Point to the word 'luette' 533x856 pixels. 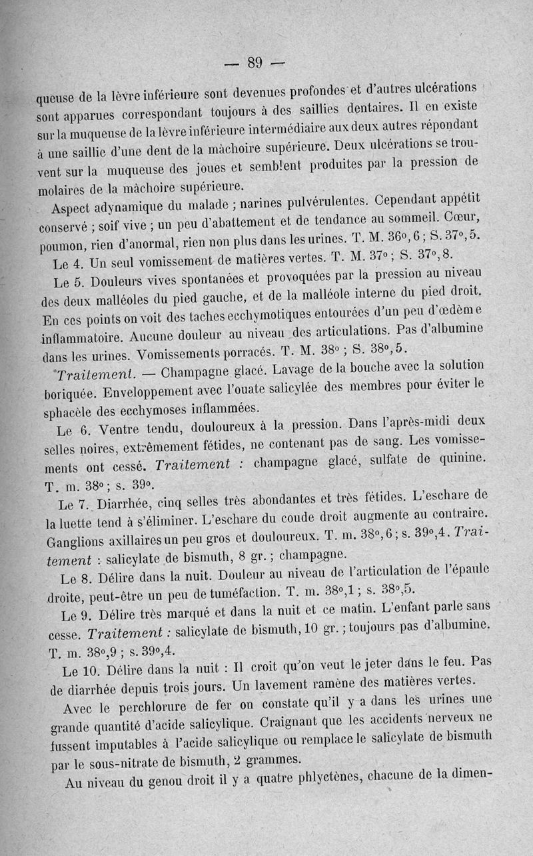[x=79, y=519]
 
